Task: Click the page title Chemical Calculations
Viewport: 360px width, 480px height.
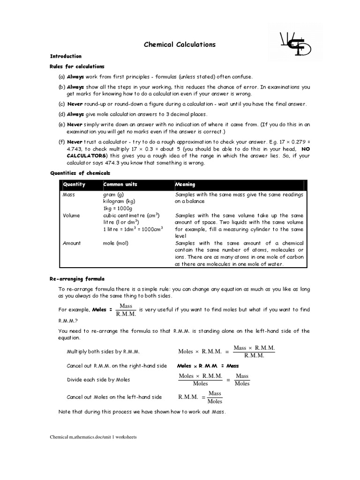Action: coord(180,45)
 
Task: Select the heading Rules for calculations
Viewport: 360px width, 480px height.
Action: coord(77,67)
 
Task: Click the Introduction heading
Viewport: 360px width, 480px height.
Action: coord(66,56)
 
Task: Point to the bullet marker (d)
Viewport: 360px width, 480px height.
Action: coord(61,114)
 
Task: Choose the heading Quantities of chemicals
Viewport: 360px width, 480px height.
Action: coord(80,173)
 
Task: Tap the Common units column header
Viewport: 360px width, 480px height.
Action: coord(120,185)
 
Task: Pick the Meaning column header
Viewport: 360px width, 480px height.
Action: coord(185,185)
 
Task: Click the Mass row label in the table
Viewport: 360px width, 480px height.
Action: coord(68,195)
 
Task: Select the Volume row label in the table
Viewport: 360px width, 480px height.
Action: coord(71,216)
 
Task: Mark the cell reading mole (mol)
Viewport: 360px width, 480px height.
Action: coord(116,243)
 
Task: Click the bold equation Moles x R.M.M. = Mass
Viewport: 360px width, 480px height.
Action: coord(208,366)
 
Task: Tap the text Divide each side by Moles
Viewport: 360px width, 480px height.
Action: coord(98,380)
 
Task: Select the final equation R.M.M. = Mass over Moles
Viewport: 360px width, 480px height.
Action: coord(201,397)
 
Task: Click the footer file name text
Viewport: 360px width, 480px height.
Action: coord(93,437)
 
